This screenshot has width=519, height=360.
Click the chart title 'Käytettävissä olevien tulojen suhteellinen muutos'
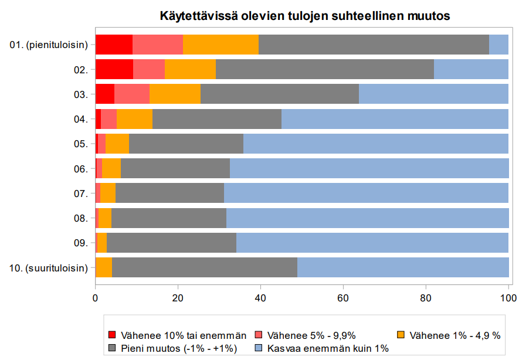[x=305, y=16]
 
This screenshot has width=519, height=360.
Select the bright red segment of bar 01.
[x=114, y=45]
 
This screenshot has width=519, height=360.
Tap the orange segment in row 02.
[x=190, y=69]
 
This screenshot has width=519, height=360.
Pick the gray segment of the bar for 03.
[x=279, y=94]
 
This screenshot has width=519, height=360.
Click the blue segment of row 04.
[x=395, y=118]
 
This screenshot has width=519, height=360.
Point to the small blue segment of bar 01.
[x=498, y=45]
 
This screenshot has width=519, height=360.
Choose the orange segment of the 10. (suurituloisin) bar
[x=104, y=267]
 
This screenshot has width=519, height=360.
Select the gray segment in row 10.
[x=205, y=267]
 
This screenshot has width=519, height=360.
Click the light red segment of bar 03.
[x=132, y=94]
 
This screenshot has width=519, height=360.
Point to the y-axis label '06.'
[x=81, y=169]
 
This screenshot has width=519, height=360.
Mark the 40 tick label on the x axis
[x=260, y=298]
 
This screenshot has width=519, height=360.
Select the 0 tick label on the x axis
[x=96, y=298]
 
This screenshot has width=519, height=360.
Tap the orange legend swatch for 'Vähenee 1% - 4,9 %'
[x=401, y=335]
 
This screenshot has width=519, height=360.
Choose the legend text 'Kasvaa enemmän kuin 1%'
[x=327, y=348]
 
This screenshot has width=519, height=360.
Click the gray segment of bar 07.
[x=169, y=193]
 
